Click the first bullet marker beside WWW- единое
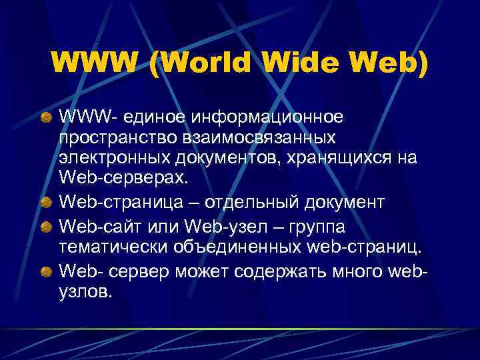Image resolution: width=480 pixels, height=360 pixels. click(48, 118)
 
